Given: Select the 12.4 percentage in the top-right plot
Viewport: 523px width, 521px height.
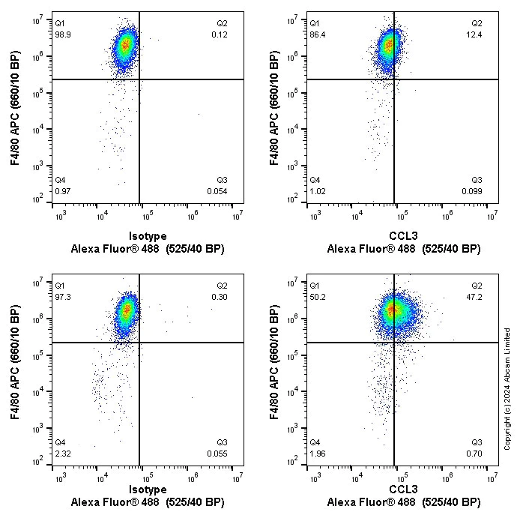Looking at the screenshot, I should [477, 35].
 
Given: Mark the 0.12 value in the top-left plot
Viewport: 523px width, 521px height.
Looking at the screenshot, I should [220, 35].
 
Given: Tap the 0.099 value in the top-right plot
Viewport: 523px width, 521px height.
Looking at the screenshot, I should [472, 192].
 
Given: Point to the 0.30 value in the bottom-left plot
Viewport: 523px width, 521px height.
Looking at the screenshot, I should [220, 298].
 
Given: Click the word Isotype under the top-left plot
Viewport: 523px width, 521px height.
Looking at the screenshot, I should [148, 235].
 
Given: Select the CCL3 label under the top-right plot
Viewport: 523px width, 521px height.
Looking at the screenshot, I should [403, 235].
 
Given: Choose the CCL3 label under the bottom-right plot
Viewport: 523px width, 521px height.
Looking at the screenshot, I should [403, 490].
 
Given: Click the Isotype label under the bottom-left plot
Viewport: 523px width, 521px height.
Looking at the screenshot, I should [148, 490].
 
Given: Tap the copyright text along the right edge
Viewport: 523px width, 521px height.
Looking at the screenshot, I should [507, 388].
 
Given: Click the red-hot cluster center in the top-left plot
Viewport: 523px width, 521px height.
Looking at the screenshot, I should [125, 45].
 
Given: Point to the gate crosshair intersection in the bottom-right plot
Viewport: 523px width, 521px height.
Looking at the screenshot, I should [394, 342].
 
